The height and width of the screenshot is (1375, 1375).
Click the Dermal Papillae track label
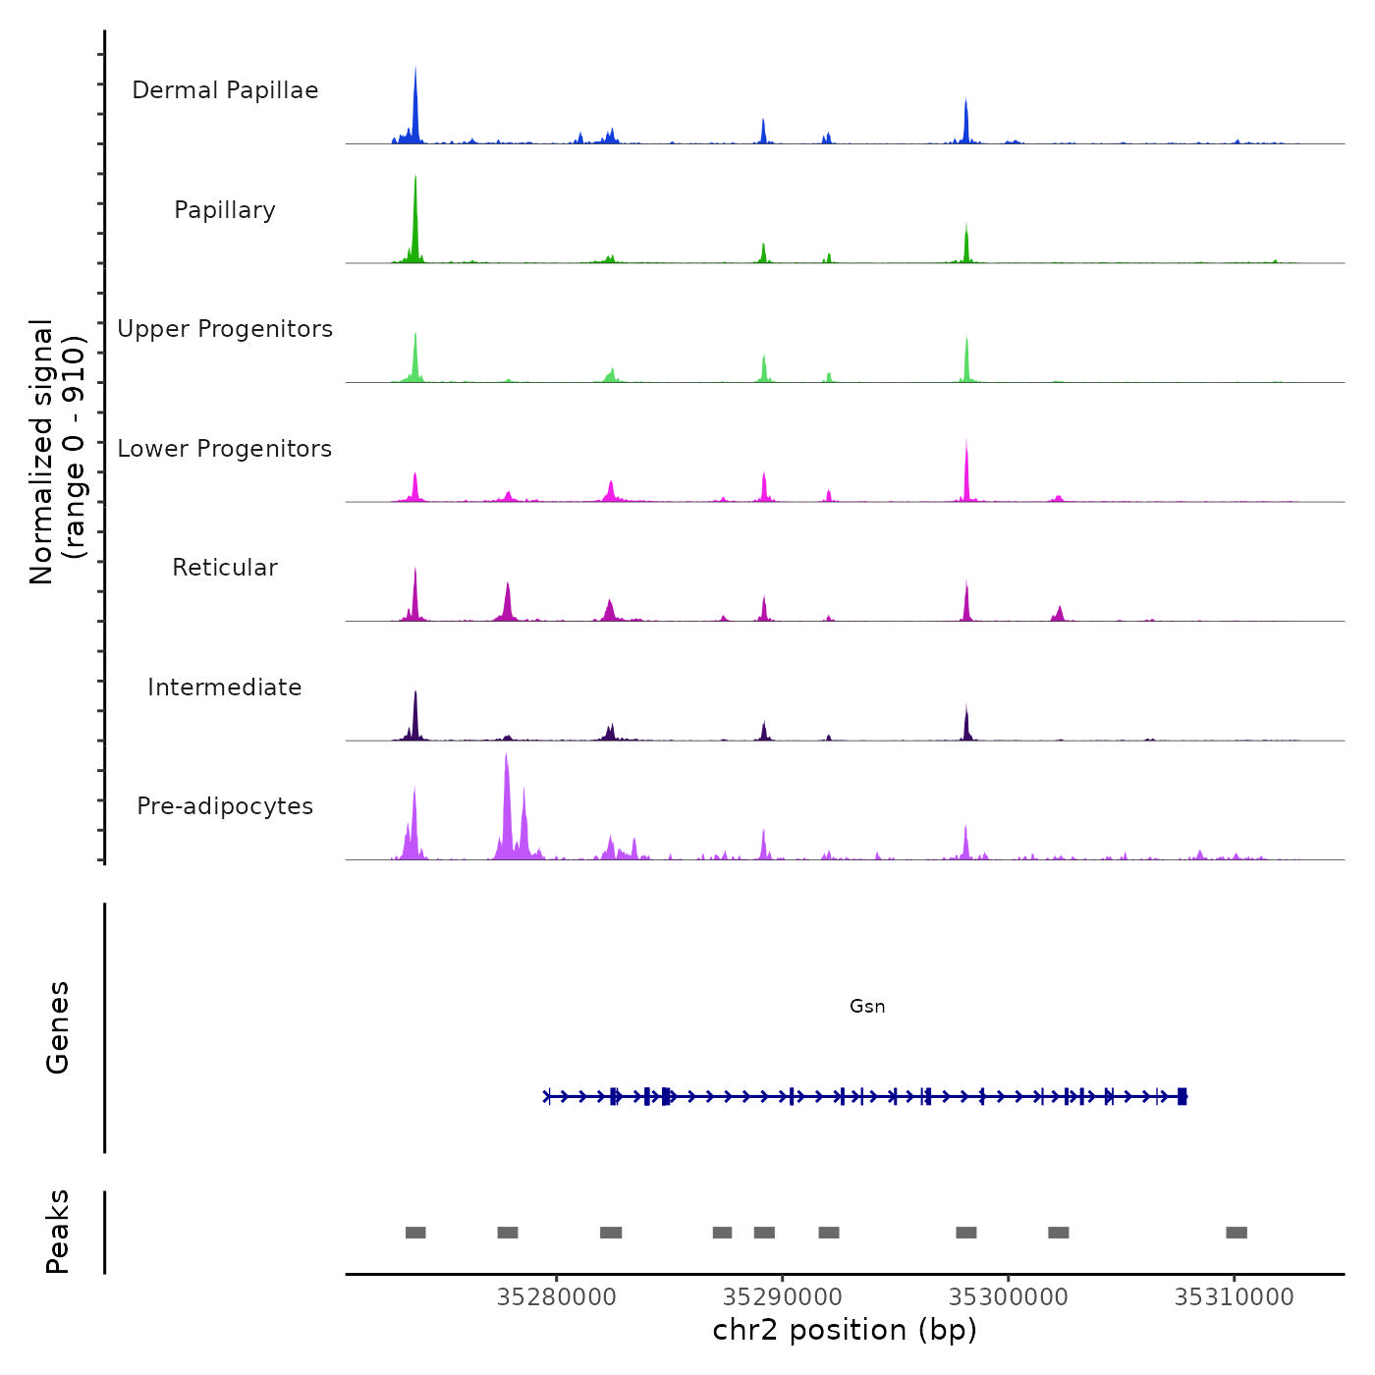pos(225,90)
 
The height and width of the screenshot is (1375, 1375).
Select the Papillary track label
pos(225,210)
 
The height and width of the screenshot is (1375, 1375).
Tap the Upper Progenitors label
pos(225,329)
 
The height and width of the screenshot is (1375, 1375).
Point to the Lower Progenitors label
pos(225,449)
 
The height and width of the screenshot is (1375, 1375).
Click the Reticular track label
pos(225,568)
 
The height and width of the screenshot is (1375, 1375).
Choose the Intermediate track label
pos(225,687)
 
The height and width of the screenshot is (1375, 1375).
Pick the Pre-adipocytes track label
pos(225,806)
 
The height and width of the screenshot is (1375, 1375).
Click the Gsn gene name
pos(867,1006)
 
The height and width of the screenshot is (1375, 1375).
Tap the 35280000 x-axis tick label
pos(557,1297)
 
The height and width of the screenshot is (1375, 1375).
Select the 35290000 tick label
pos(783,1297)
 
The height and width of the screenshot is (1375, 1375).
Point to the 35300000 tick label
pos(1009,1297)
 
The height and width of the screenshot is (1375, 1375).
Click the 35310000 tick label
pos(1235,1297)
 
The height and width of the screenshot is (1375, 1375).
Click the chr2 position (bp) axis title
pos(845,1330)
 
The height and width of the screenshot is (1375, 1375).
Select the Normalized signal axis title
pos(57,452)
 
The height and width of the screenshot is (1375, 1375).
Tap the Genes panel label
pos(58,1027)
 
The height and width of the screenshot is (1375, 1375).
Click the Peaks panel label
pos(58,1232)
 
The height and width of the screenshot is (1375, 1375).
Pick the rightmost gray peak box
pos(1237,1233)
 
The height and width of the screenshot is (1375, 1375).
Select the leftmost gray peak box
pos(415,1233)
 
